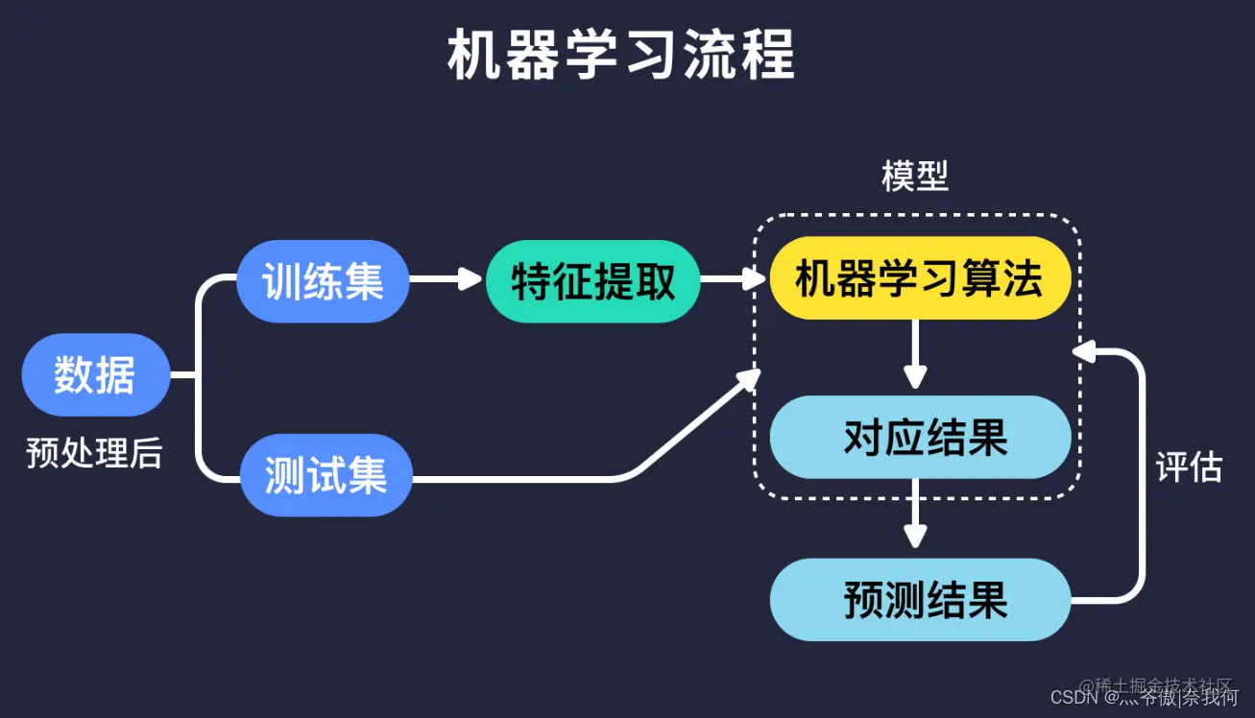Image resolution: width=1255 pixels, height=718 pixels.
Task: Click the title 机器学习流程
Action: tap(621, 57)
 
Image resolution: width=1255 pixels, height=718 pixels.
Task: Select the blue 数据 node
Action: tap(95, 374)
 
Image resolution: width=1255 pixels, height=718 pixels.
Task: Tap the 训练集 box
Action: tap(323, 281)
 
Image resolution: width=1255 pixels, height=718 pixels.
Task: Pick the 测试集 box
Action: tap(326, 474)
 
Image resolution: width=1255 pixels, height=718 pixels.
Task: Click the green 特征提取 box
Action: tap(592, 281)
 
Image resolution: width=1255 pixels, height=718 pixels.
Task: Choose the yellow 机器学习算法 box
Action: tap(919, 278)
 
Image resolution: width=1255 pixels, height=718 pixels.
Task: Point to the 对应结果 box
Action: tap(920, 438)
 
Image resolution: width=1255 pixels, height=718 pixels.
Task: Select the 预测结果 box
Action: tap(920, 601)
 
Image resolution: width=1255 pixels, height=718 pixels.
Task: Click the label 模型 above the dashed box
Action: tap(915, 176)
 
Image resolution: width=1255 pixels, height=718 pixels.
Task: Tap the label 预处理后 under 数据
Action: tap(94, 452)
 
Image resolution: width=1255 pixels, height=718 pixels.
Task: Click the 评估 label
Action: tap(1189, 467)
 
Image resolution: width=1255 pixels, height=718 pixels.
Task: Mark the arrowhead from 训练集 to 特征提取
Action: tap(471, 279)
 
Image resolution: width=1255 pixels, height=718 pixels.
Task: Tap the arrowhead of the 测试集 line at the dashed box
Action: tap(750, 380)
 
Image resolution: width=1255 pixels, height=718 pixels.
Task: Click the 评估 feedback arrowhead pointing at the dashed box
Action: tap(1084, 352)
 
